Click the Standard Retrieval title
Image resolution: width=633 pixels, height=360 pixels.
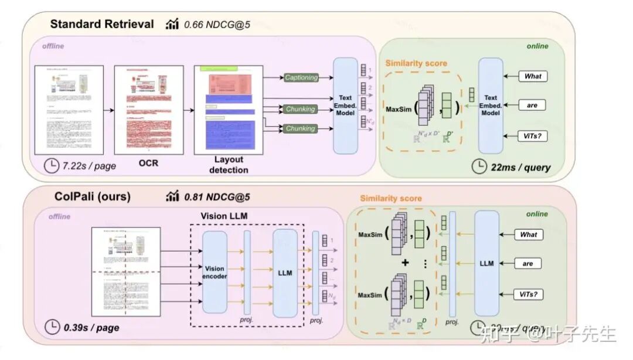click(x=102, y=25)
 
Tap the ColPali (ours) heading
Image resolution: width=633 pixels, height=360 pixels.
click(x=90, y=196)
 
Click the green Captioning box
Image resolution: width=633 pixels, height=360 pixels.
click(x=301, y=77)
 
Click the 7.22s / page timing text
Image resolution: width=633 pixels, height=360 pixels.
click(x=89, y=166)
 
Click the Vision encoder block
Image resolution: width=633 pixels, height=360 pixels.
click(x=215, y=272)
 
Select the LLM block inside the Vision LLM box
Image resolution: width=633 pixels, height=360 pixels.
click(x=285, y=272)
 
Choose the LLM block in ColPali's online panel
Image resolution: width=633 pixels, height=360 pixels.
click(x=486, y=263)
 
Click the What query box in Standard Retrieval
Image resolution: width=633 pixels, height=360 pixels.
click(x=533, y=76)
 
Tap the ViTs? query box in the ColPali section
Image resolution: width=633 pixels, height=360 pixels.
click(x=528, y=293)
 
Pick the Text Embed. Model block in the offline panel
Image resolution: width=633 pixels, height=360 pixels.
click(x=345, y=105)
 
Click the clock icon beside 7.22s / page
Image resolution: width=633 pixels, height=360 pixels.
click(x=52, y=165)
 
